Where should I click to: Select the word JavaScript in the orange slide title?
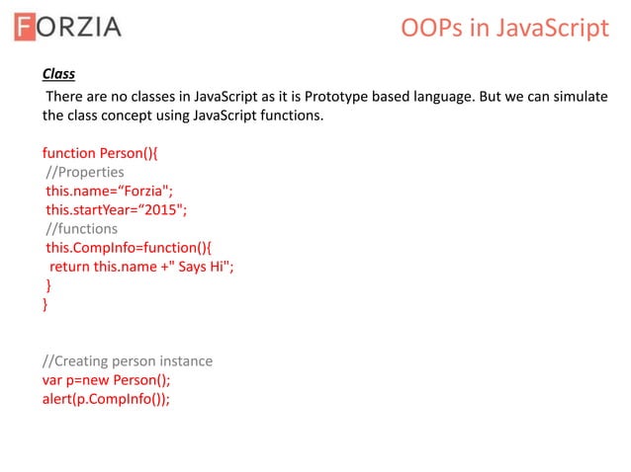pyautogui.click(x=549, y=28)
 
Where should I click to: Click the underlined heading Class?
pyautogui.click(x=58, y=74)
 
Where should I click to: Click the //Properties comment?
pyautogui.click(x=85, y=172)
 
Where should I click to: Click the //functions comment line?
pyautogui.click(x=81, y=228)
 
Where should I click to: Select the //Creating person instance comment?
pyautogui.click(x=127, y=360)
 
